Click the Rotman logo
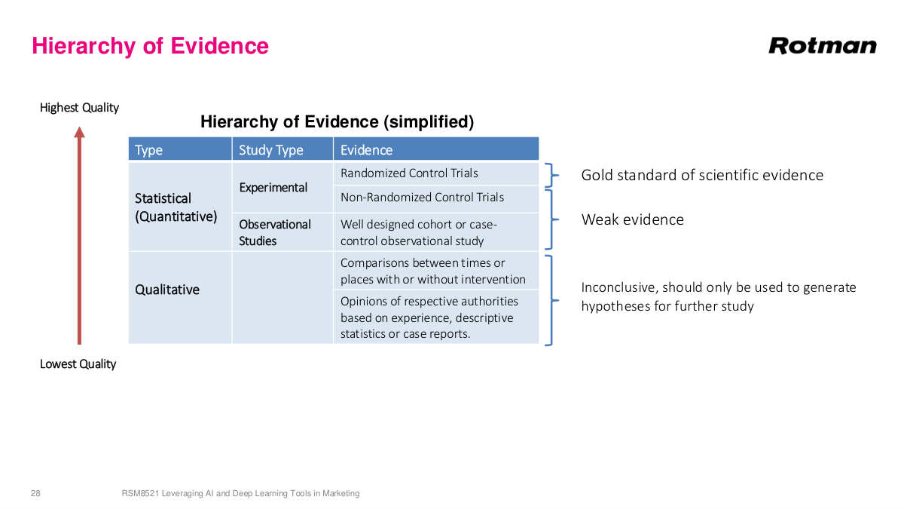(x=822, y=46)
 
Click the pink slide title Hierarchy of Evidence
(x=150, y=46)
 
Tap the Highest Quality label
(x=79, y=108)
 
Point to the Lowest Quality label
(x=78, y=364)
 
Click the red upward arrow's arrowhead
(x=79, y=133)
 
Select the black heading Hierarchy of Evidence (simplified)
(x=337, y=121)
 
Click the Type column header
(x=148, y=150)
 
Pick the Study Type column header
(x=270, y=150)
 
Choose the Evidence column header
(x=366, y=150)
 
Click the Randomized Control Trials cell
(x=409, y=173)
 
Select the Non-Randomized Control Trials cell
(x=422, y=198)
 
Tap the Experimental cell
(x=273, y=187)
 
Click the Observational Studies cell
(x=274, y=232)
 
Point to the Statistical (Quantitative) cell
(x=176, y=207)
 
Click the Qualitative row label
(x=167, y=290)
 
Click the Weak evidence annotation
(x=632, y=220)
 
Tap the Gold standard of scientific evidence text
(x=701, y=176)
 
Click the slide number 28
(x=35, y=493)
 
